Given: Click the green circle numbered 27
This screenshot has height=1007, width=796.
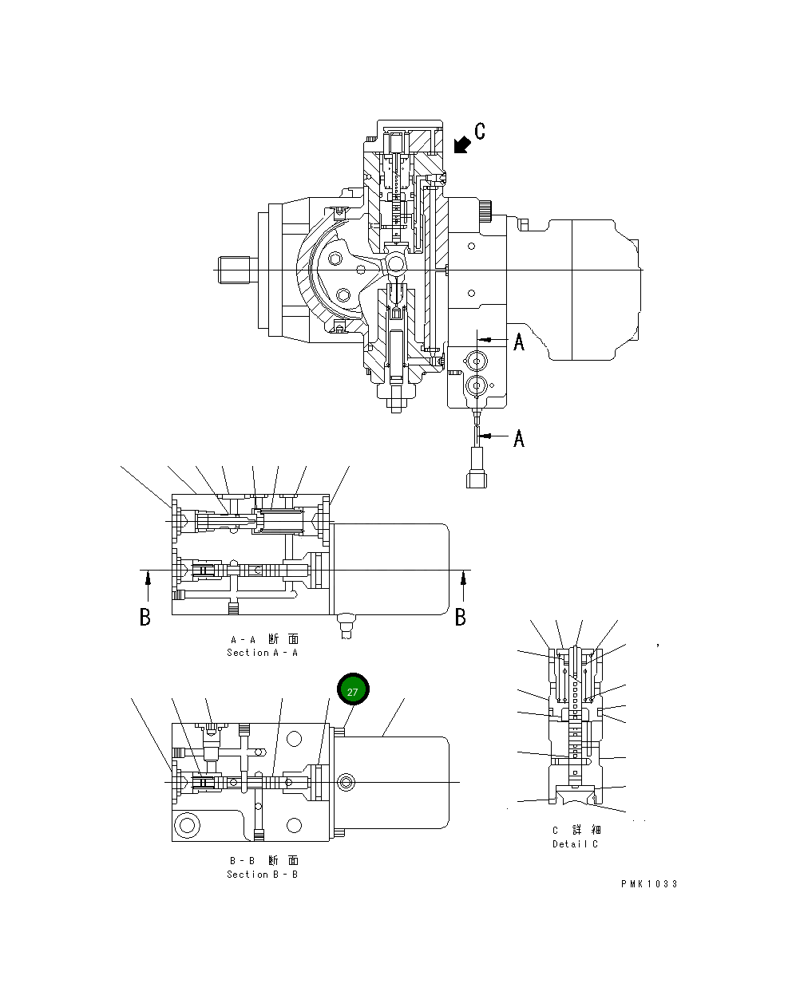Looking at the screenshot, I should pos(353,691).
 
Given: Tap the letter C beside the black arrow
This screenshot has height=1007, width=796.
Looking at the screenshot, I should pos(479,131).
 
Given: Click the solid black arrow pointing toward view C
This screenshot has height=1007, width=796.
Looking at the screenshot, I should pos(461,144).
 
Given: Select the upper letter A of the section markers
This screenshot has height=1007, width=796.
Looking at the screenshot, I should pos(519,342).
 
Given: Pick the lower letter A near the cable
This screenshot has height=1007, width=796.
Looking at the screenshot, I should pos(519,438).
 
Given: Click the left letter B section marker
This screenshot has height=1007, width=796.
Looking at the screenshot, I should pos(145,617).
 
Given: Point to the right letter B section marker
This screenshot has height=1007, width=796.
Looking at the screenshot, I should pos(461,617).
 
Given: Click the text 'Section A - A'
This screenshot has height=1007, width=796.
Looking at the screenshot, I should pos(262,653).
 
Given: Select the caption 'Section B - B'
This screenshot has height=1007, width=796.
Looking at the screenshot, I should pos(262,875).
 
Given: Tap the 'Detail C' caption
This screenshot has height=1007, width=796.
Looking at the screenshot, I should pos(575,844).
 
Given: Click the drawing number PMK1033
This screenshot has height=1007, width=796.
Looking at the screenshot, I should pos(649,884).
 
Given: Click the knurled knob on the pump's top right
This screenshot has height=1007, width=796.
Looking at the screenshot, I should pos(486,211).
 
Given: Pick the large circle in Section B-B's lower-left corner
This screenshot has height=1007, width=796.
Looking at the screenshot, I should pos(188,823).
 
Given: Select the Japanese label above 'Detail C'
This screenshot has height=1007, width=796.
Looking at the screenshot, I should pos(575,831).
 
